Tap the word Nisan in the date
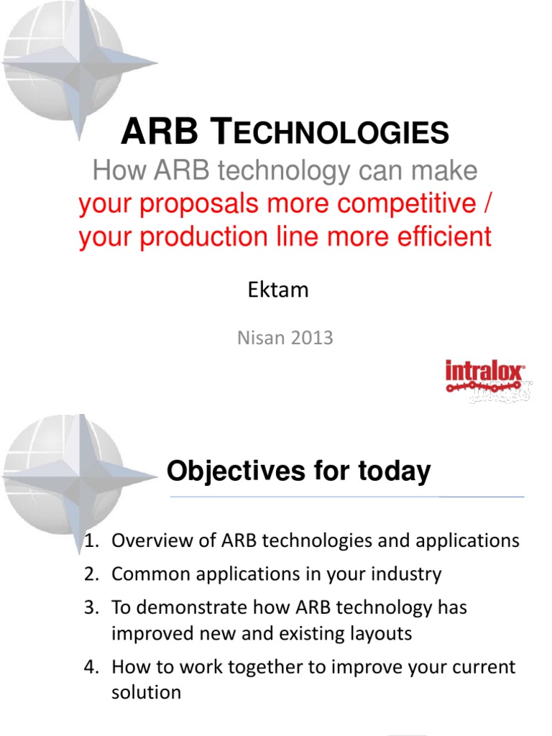click(x=258, y=338)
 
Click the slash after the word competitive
click(x=488, y=205)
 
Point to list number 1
click(x=90, y=541)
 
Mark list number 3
click(x=90, y=607)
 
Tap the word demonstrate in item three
click(x=188, y=607)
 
